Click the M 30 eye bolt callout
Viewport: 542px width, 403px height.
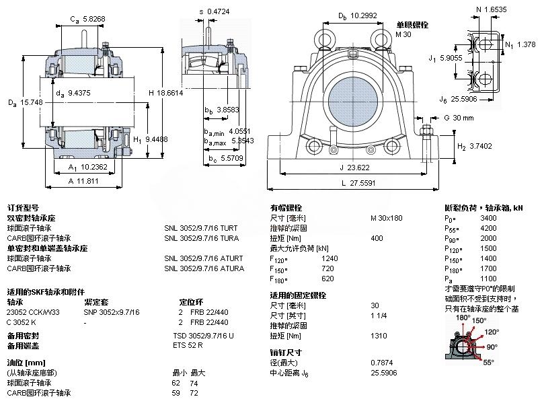403,34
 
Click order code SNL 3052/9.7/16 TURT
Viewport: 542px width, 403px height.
200,228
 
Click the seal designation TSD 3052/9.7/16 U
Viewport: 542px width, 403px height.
203,335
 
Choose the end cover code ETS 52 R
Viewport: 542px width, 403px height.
188,345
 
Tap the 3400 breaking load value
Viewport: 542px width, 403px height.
488,218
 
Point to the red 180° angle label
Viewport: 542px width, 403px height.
462,318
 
